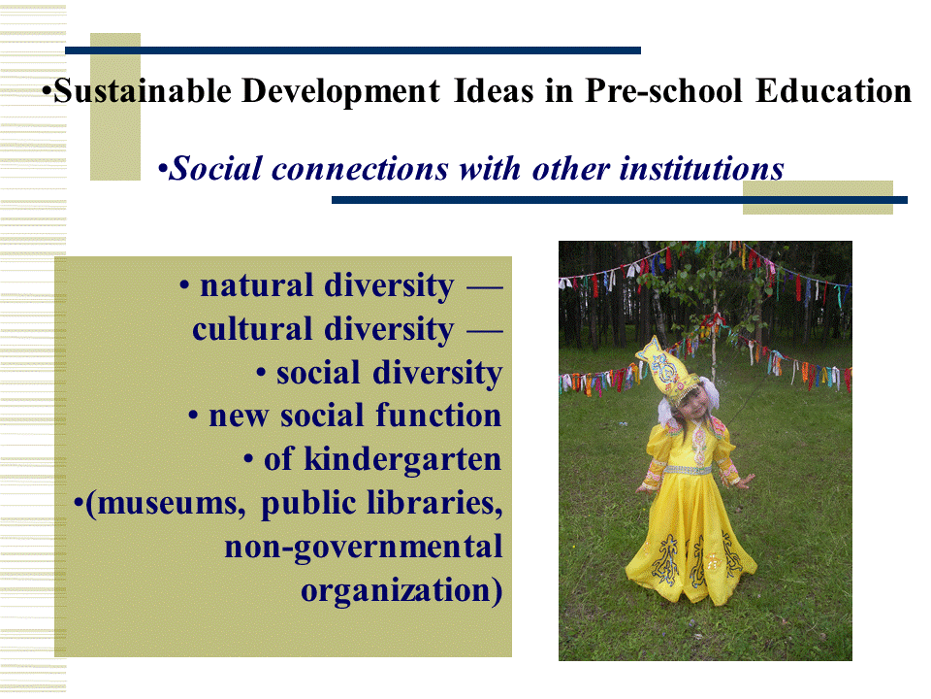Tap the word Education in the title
pyautogui.click(x=834, y=91)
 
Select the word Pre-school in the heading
pyautogui.click(x=663, y=91)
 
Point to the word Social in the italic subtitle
pyautogui.click(x=215, y=168)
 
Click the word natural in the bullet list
pyautogui.click(x=256, y=285)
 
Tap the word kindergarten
pyautogui.click(x=402, y=459)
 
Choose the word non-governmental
pyautogui.click(x=364, y=548)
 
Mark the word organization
pyautogui.click(x=396, y=590)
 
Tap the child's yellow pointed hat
pyautogui.click(x=667, y=366)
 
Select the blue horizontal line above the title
pyautogui.click(x=353, y=50)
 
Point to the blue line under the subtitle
pyautogui.click(x=620, y=200)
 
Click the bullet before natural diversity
pyautogui.click(x=184, y=286)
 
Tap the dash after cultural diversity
pyautogui.click(x=485, y=330)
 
